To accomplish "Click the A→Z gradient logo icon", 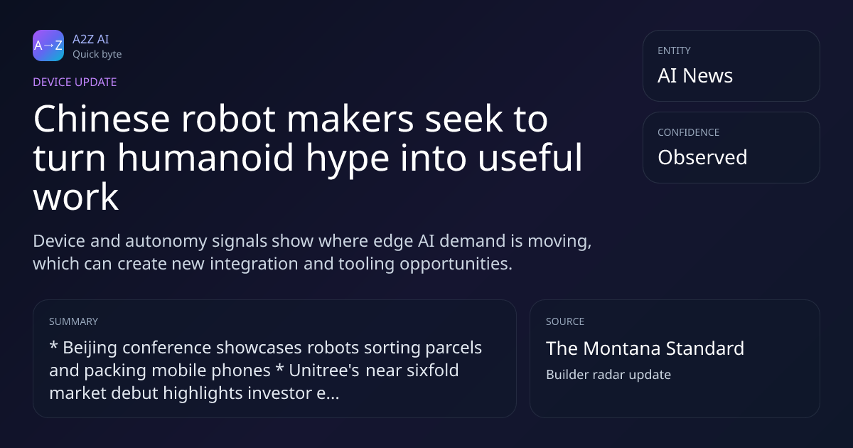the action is pyautogui.click(x=48, y=46).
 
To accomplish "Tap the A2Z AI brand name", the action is pyautogui.click(x=91, y=39).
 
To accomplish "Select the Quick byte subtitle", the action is pyautogui.click(x=97, y=55).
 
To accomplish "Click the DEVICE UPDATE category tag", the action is pyautogui.click(x=75, y=82).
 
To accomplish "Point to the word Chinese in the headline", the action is pyautogui.click(x=102, y=119).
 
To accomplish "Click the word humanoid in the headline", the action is pyautogui.click(x=205, y=158).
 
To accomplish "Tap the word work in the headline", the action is pyautogui.click(x=76, y=197).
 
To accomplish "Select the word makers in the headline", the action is pyautogui.click(x=350, y=119).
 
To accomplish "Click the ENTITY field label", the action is pyautogui.click(x=674, y=50).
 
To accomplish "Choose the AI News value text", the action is pyautogui.click(x=695, y=75).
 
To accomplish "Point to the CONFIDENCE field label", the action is pyautogui.click(x=689, y=132).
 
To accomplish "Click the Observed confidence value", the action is pyautogui.click(x=702, y=157).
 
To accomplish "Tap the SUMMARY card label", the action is pyautogui.click(x=73, y=321).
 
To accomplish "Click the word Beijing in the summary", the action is pyautogui.click(x=90, y=348).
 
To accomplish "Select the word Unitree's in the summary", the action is pyautogui.click(x=324, y=370).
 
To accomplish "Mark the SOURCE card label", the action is pyautogui.click(x=565, y=321).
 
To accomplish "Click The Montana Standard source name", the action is pyautogui.click(x=645, y=348).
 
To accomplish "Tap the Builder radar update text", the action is pyautogui.click(x=608, y=375).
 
